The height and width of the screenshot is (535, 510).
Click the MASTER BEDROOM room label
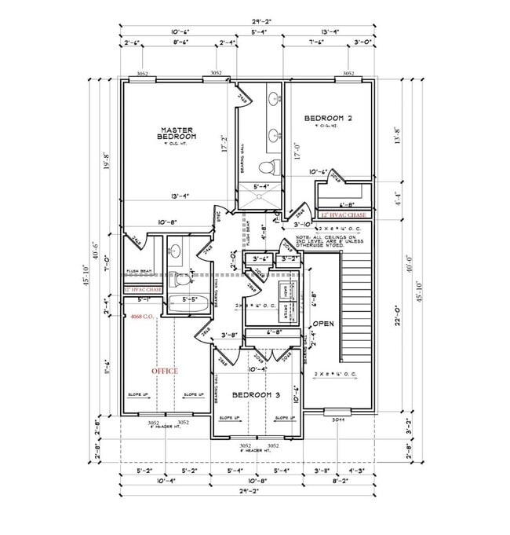tap(177, 134)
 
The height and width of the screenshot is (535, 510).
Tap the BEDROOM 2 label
tap(328, 119)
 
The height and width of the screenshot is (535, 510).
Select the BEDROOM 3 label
tap(257, 394)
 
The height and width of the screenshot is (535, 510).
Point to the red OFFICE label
tap(165, 371)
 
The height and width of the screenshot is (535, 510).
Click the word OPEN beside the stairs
tap(324, 323)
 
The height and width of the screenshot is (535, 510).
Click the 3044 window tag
tap(338, 420)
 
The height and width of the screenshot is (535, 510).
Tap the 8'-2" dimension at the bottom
tap(340, 480)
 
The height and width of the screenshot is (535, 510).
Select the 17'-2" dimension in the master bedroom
tap(225, 146)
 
